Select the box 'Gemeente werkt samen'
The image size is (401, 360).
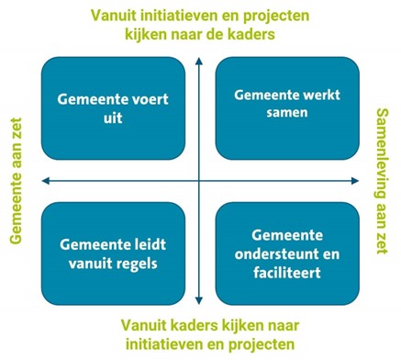coord(286,108)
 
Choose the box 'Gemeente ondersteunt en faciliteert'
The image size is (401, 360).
coord(286,253)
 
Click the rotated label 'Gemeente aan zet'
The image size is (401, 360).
coord(16,180)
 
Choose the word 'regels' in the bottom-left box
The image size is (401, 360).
coord(133,264)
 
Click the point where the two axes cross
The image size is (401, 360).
coord(199,180)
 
